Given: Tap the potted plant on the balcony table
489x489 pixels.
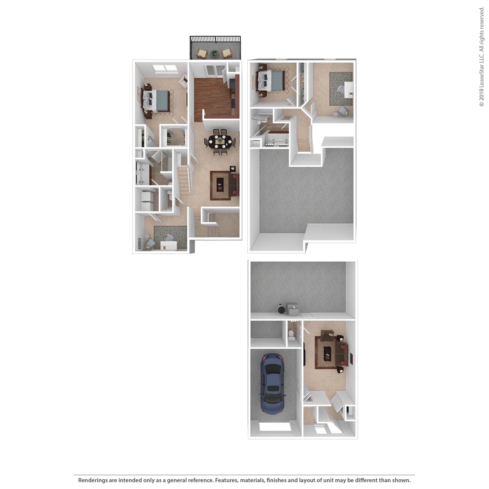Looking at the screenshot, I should point(214,53).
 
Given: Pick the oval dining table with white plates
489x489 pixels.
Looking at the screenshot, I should point(220,142).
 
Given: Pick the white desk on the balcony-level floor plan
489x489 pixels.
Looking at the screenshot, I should point(169,245).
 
